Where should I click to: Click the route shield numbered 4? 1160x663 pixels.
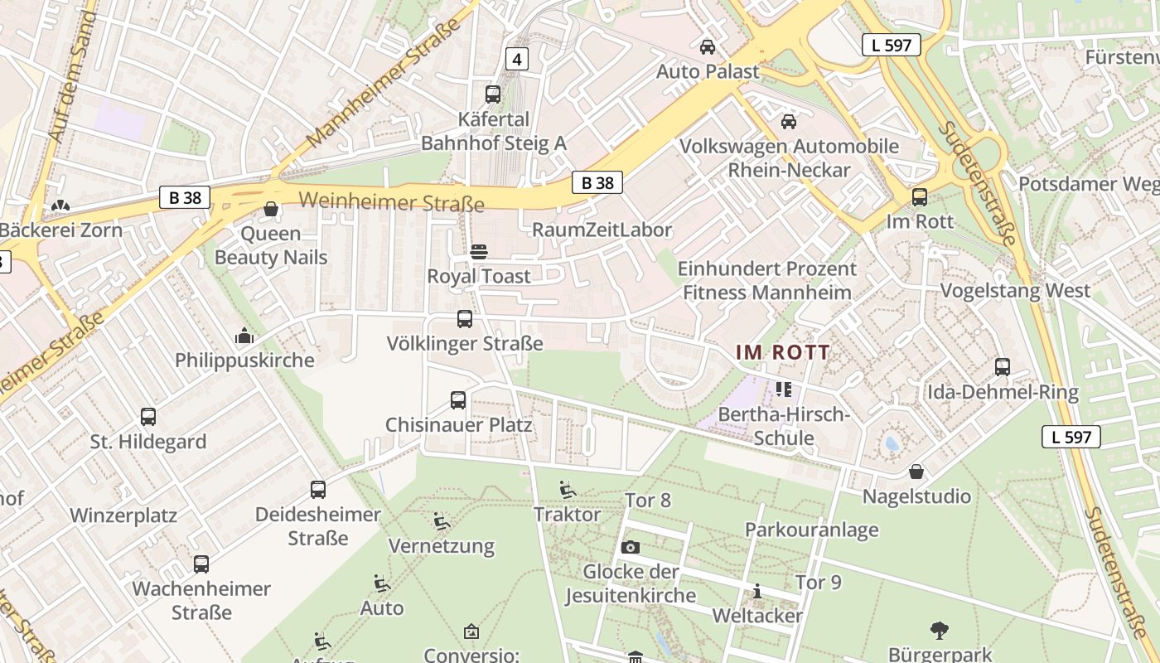pos(517,59)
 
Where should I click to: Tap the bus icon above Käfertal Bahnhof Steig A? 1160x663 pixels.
pos(493,94)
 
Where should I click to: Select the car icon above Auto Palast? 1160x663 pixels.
pos(708,47)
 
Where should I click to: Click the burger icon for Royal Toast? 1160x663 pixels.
pos(479,251)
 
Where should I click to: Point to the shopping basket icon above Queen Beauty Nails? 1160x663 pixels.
pos(270,209)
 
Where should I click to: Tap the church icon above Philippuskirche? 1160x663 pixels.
pos(244,336)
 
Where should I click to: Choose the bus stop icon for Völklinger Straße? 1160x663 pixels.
pos(465,319)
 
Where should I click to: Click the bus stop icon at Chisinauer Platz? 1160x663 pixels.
pos(458,400)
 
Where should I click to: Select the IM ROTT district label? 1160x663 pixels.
pos(783,352)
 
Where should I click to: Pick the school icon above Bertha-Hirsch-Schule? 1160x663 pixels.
pos(783,389)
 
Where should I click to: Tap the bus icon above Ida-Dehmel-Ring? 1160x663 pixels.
pos(1003,367)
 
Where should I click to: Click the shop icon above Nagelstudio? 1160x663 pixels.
pos(916,472)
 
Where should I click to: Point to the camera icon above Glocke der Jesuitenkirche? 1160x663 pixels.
pos(631,547)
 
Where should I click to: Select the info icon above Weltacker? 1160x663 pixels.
pos(756,592)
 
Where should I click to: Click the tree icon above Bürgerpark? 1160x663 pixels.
pos(940,631)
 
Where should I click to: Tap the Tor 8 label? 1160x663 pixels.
pos(648,500)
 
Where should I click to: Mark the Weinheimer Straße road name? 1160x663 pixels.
pos(391,201)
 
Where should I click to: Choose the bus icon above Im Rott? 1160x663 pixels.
pos(920,197)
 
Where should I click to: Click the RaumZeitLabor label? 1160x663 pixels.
pos(602,230)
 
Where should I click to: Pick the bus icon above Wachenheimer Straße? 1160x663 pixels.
pos(201,564)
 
